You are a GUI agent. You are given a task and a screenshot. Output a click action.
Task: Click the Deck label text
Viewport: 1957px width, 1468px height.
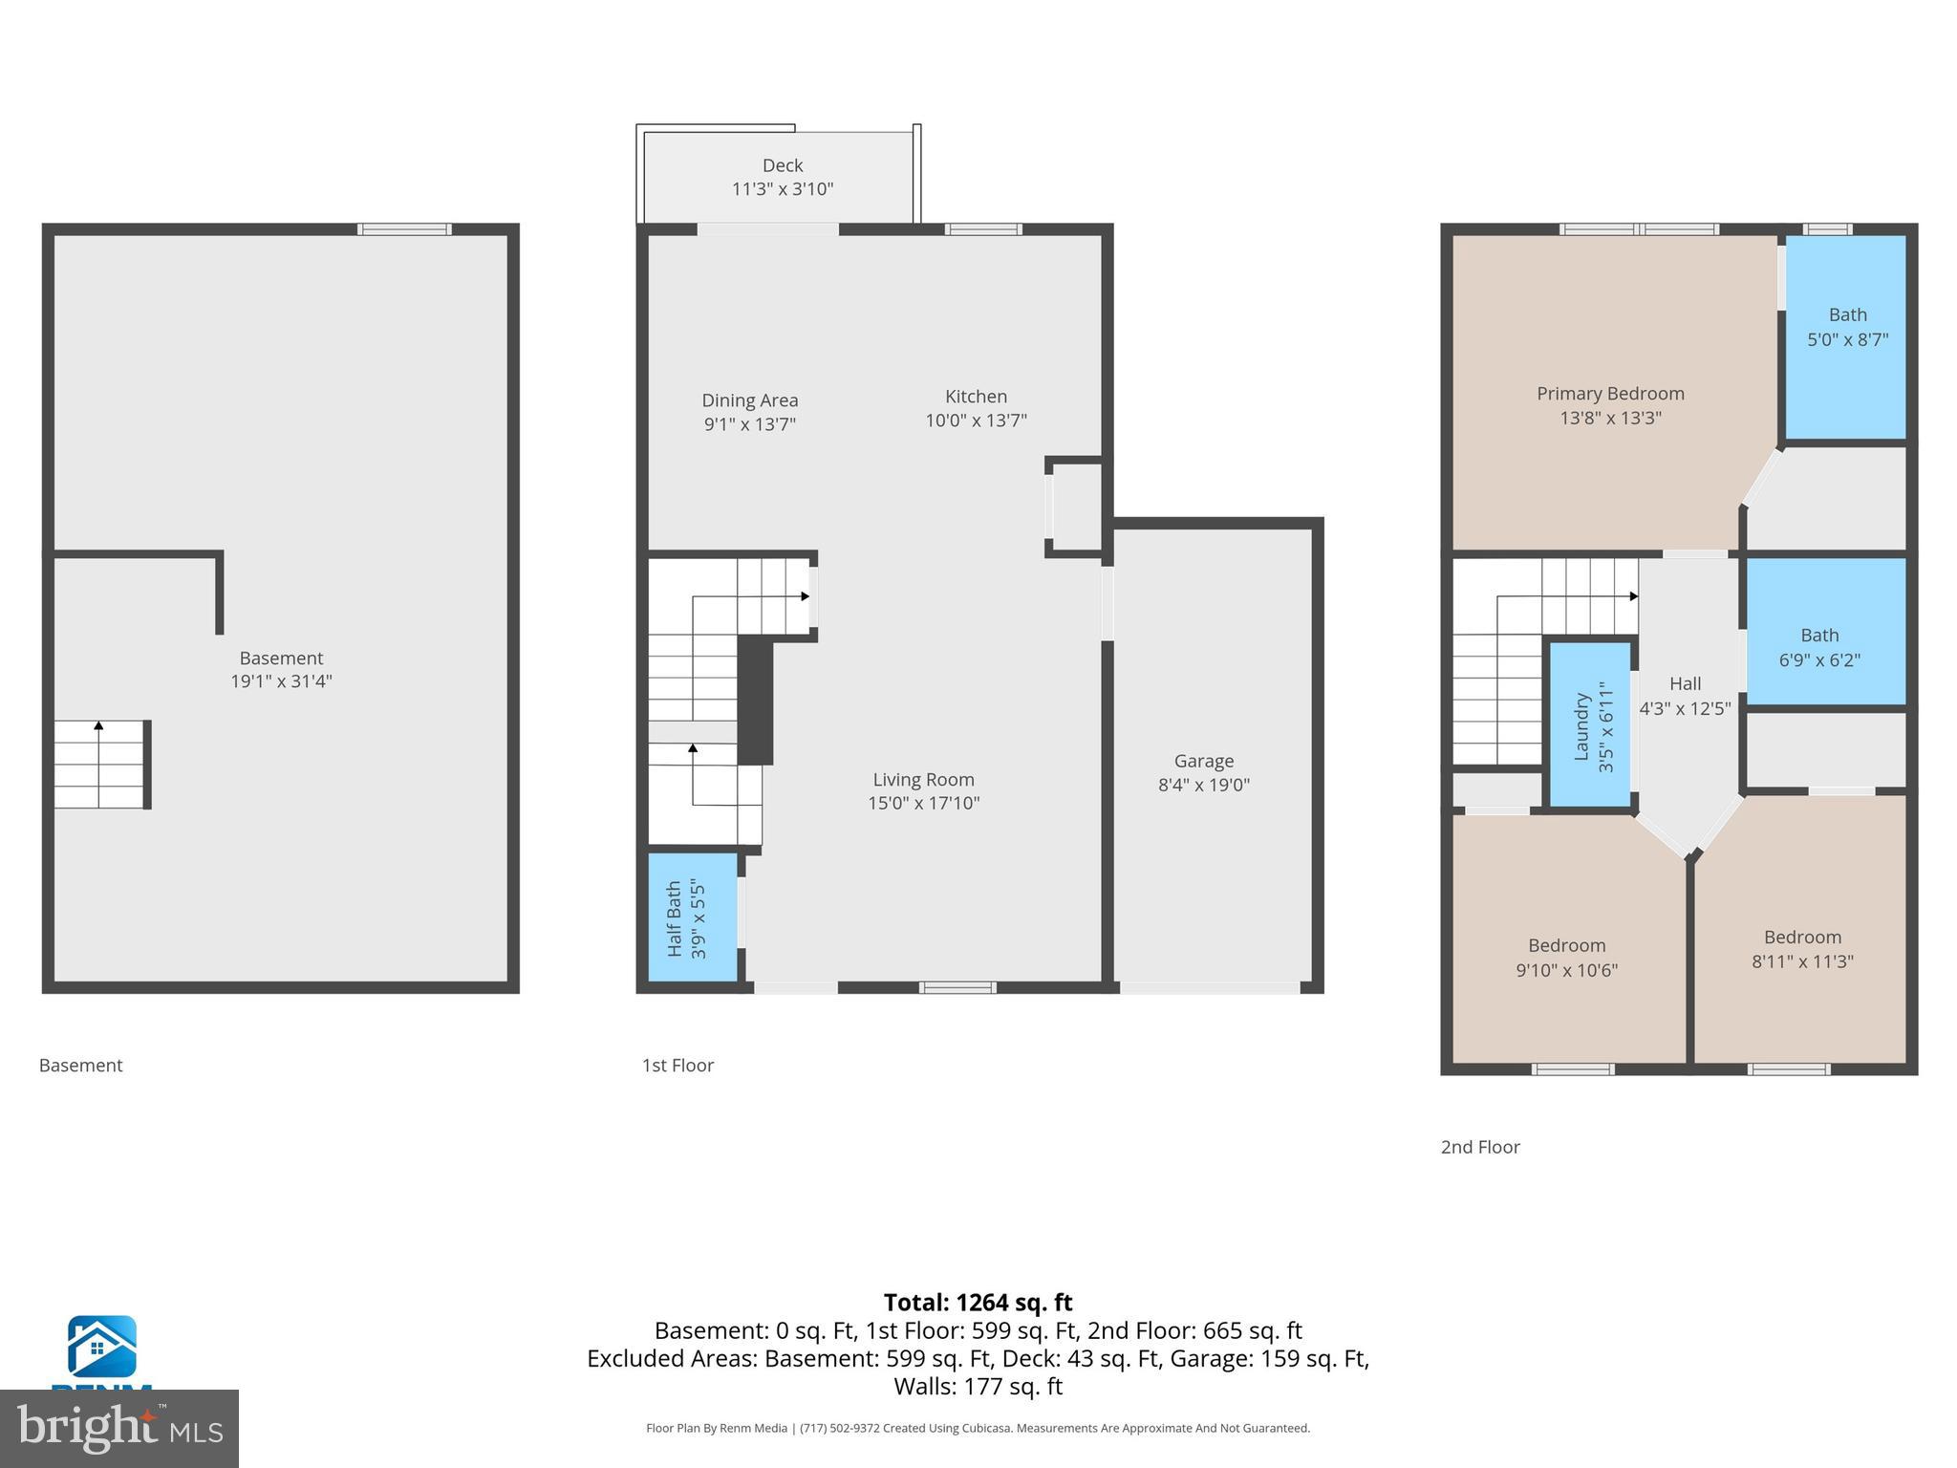coord(782,165)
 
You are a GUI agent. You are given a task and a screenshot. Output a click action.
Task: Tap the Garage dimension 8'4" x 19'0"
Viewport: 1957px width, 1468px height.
coord(1203,785)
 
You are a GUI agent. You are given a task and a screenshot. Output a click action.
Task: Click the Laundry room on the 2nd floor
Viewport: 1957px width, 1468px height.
coord(1589,725)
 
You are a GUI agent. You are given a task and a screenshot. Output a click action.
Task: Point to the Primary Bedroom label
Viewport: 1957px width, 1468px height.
coord(1609,394)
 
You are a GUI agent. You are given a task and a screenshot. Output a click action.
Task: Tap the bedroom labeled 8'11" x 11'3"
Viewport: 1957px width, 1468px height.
coord(1801,949)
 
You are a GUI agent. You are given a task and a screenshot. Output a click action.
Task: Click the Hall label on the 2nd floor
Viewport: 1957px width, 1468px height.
coord(1685,683)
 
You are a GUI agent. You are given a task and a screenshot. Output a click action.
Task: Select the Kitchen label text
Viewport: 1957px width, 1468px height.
coord(975,397)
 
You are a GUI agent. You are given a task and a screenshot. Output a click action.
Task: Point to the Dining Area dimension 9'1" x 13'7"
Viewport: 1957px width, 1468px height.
coord(749,424)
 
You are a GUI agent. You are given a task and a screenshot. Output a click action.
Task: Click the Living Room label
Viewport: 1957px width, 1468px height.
coord(923,780)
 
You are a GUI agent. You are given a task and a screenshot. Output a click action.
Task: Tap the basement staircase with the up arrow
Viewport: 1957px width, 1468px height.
coord(99,765)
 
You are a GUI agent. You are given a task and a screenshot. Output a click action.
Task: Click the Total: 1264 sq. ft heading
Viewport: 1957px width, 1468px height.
coord(978,1303)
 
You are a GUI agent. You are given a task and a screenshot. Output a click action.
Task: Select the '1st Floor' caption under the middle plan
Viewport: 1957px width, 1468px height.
coord(677,1066)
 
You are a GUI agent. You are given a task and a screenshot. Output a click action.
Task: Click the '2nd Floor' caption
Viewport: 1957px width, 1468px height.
coord(1479,1147)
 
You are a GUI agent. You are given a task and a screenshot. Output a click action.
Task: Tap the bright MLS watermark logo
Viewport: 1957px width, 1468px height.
coord(118,1428)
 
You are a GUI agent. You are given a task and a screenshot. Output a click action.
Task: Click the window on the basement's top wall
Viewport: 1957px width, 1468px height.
coord(404,229)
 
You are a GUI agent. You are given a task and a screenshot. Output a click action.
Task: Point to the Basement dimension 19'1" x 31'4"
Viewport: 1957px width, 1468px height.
coord(280,681)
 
